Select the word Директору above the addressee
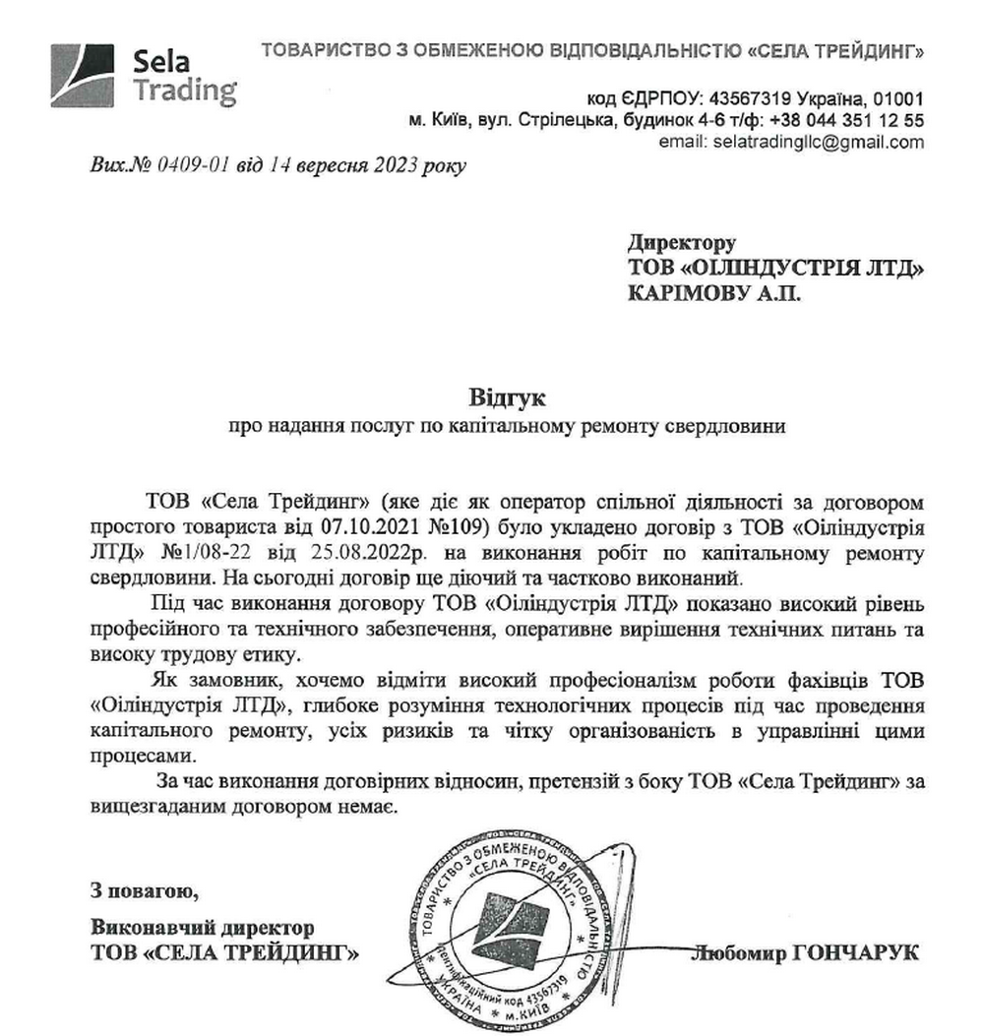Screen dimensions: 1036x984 coord(681,242)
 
